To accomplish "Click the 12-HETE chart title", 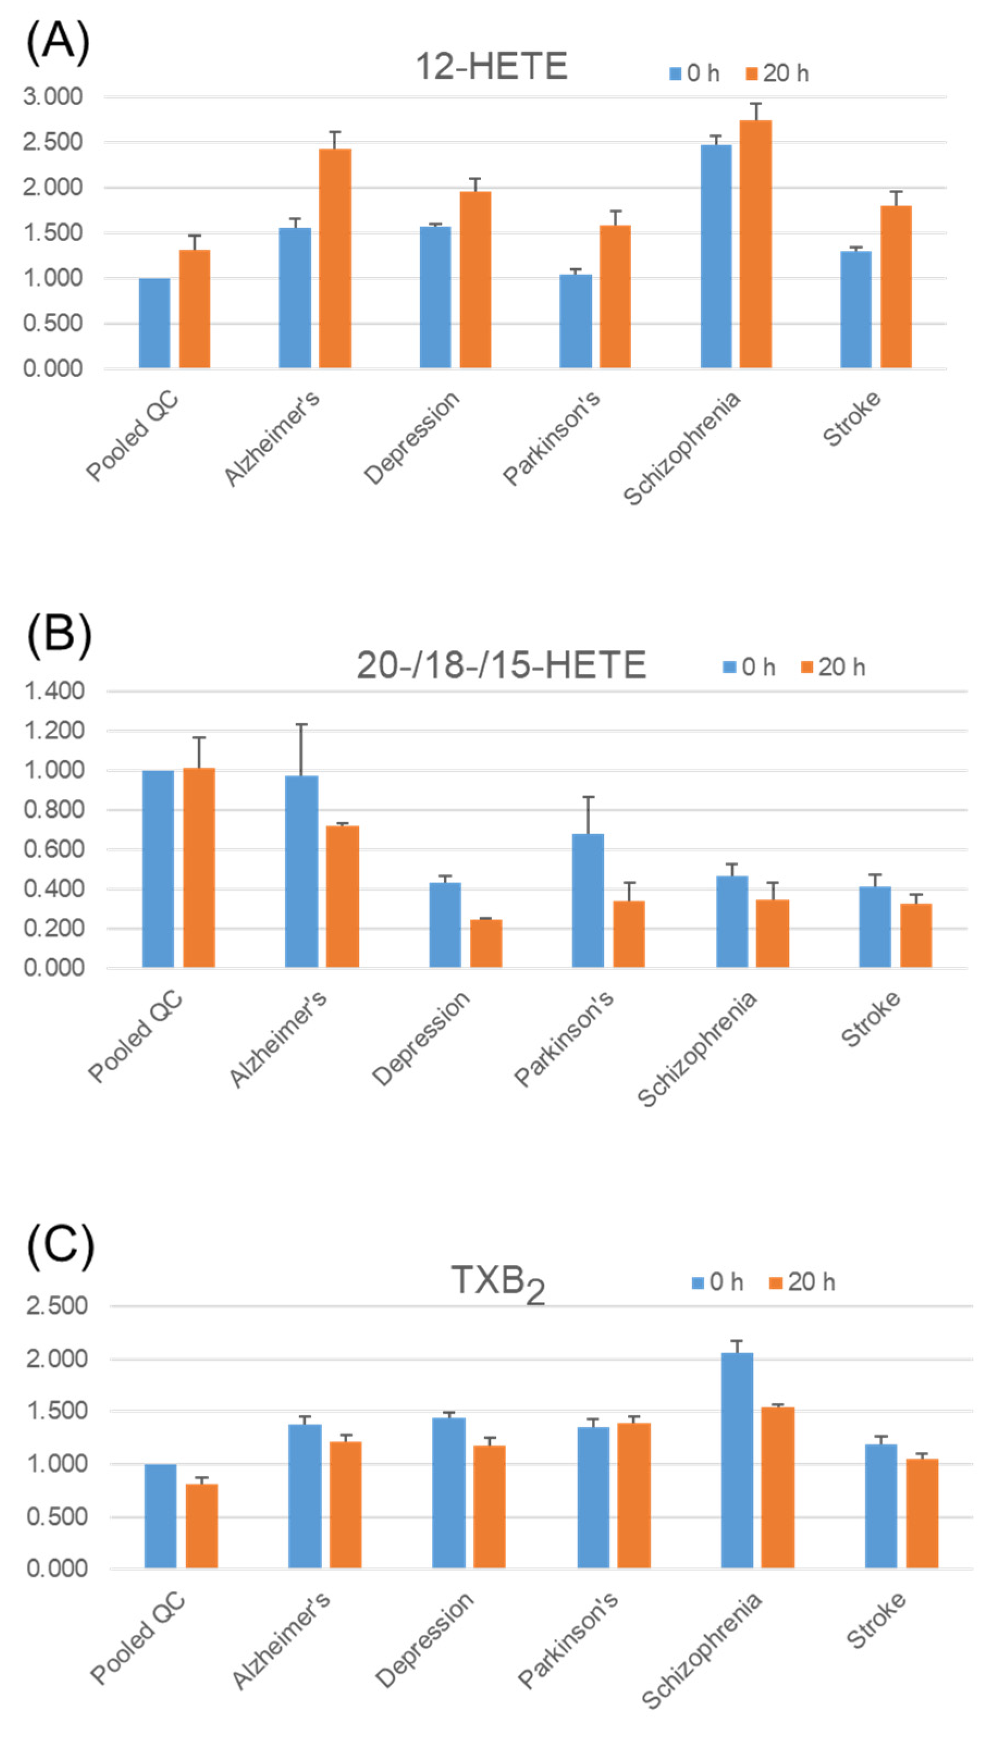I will pos(491,66).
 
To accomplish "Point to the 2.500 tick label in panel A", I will pos(53,142).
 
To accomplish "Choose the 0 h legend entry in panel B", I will pos(749,667).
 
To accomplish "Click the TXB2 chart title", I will pos(498,1282).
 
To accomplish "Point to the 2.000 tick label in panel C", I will pos(57,1358).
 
